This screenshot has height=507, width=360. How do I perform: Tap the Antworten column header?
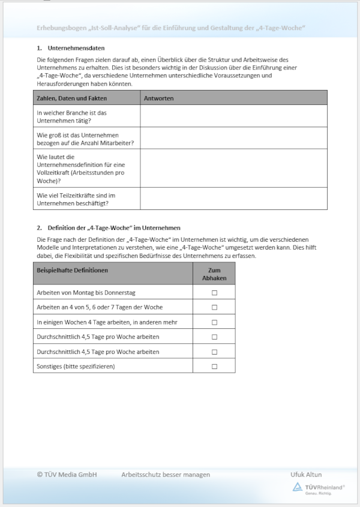[x=159, y=98]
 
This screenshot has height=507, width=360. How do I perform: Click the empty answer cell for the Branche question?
[x=234, y=116]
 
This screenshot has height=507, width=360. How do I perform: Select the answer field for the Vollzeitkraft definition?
[x=234, y=168]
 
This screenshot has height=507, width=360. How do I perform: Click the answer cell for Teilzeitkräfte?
[x=234, y=199]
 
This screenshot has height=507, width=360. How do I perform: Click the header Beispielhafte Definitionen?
[x=73, y=271]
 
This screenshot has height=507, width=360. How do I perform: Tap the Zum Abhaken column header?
[x=214, y=274]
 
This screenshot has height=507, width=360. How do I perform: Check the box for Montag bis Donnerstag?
[x=214, y=292]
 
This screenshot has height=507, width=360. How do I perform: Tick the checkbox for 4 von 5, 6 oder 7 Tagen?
[x=214, y=307]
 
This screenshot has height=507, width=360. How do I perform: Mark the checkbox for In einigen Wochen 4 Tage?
[x=214, y=322]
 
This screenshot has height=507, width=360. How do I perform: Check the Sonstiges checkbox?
[x=214, y=366]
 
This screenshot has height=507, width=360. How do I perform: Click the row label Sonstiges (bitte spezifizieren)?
[x=76, y=366]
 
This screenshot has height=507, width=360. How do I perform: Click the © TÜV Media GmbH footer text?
[x=67, y=475]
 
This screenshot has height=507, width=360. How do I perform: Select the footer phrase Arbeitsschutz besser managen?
[x=166, y=475]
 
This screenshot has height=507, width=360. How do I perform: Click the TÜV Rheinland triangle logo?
[x=297, y=487]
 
